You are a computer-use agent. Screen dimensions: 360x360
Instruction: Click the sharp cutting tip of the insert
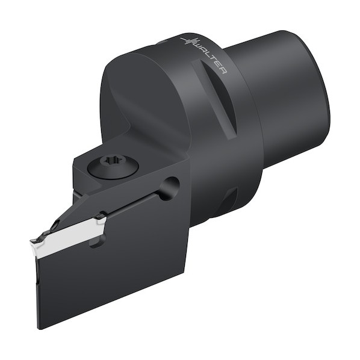click(31, 241)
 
